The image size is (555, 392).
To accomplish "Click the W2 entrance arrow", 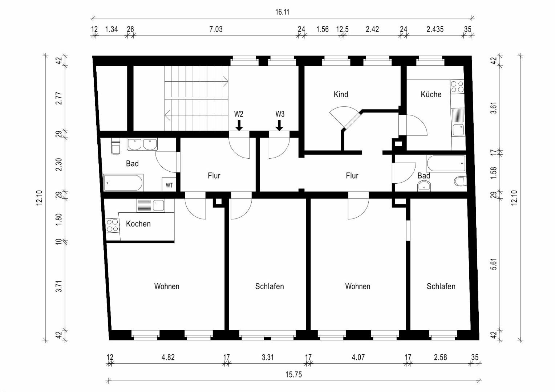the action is click(239, 125).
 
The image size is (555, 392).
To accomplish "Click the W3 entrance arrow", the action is click(279, 125).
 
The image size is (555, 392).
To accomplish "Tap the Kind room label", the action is click(341, 94).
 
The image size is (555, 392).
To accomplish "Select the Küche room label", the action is click(431, 94).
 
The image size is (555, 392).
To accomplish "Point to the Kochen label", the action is click(138, 224).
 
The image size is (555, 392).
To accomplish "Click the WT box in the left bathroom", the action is click(169, 184).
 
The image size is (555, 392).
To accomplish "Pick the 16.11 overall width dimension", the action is click(282, 12).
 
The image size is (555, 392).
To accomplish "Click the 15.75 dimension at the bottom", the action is click(293, 375).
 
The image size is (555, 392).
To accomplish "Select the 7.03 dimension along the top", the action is click(216, 29).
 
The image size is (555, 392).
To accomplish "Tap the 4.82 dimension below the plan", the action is click(168, 357).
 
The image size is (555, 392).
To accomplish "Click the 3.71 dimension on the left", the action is click(59, 286).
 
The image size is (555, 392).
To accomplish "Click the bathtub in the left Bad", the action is click(123, 183).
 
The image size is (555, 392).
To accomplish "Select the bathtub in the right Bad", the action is click(446, 163).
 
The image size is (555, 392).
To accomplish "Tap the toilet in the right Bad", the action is click(461, 181).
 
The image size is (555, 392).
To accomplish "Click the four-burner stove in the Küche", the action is click(457, 86).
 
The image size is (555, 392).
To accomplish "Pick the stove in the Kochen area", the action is click(112, 226).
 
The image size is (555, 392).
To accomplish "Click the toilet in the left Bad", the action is click(116, 146).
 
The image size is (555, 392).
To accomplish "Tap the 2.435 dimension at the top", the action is click(435, 29).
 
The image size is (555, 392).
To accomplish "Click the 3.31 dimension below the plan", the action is click(268, 357).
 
